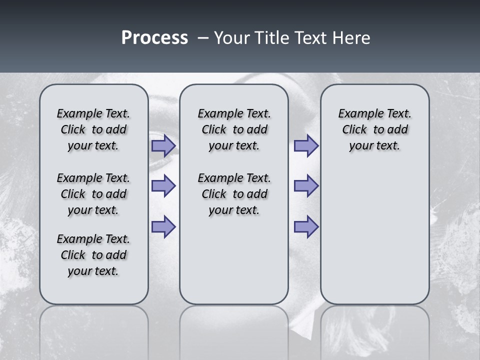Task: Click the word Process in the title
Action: pyautogui.click(x=154, y=38)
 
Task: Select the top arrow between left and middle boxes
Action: pyautogui.click(x=163, y=145)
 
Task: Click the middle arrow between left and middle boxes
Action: pyautogui.click(x=163, y=186)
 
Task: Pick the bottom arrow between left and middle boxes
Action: pyautogui.click(x=163, y=226)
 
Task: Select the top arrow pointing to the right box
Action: pyautogui.click(x=306, y=145)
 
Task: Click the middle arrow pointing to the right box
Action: pyautogui.click(x=306, y=186)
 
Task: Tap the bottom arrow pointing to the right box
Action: pyautogui.click(x=306, y=226)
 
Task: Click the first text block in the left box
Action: pyautogui.click(x=93, y=129)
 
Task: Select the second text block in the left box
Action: pyautogui.click(x=93, y=194)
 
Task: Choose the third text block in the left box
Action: pyautogui.click(x=93, y=255)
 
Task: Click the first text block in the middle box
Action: pyautogui.click(x=234, y=129)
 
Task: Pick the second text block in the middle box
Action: pyautogui.click(x=234, y=194)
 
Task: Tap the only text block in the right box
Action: pyautogui.click(x=374, y=129)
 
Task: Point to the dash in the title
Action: pyautogui.click(x=203, y=38)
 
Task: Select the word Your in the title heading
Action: pyautogui.click(x=232, y=38)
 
